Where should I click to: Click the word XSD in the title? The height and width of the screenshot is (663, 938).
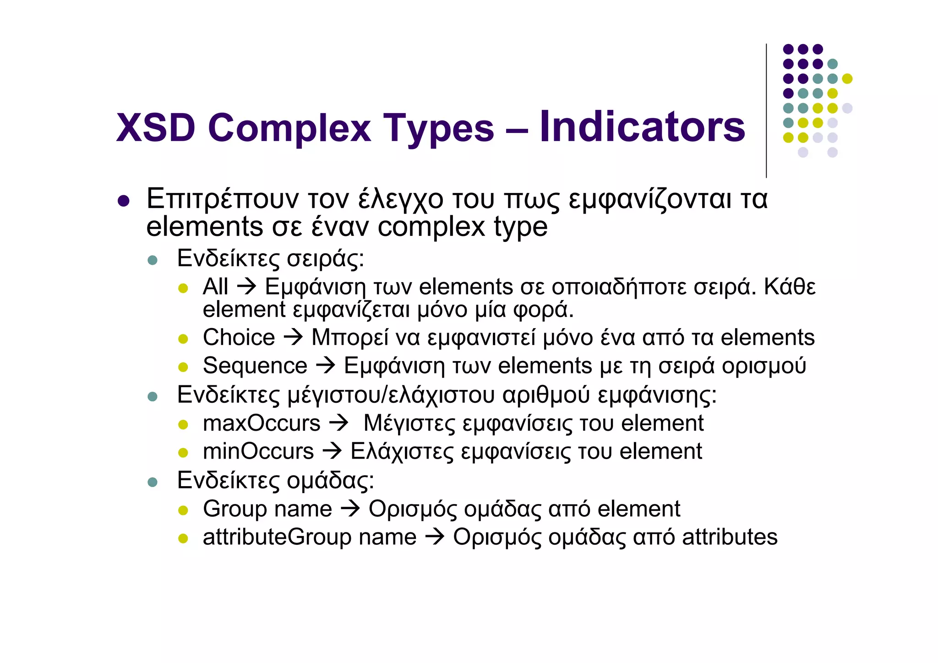(x=156, y=128)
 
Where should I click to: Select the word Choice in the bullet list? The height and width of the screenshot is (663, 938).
(x=239, y=338)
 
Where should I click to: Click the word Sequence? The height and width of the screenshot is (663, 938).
(x=255, y=366)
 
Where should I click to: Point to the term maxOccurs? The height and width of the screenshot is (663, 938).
(x=262, y=423)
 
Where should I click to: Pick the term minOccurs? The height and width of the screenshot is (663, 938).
(x=258, y=452)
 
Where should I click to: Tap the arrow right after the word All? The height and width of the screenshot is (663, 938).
(x=246, y=287)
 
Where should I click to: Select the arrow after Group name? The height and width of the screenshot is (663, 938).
(x=350, y=509)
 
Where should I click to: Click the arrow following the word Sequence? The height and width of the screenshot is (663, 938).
(x=326, y=366)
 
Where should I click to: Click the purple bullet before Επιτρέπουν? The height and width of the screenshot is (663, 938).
(x=123, y=201)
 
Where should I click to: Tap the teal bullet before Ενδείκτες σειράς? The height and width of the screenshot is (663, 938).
(x=153, y=261)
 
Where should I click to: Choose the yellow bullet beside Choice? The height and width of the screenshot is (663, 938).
(x=183, y=339)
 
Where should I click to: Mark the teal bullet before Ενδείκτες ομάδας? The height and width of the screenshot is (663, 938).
(x=153, y=482)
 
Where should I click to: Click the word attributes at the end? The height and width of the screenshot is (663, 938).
(x=730, y=537)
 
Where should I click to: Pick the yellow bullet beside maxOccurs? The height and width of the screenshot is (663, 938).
(x=183, y=425)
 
